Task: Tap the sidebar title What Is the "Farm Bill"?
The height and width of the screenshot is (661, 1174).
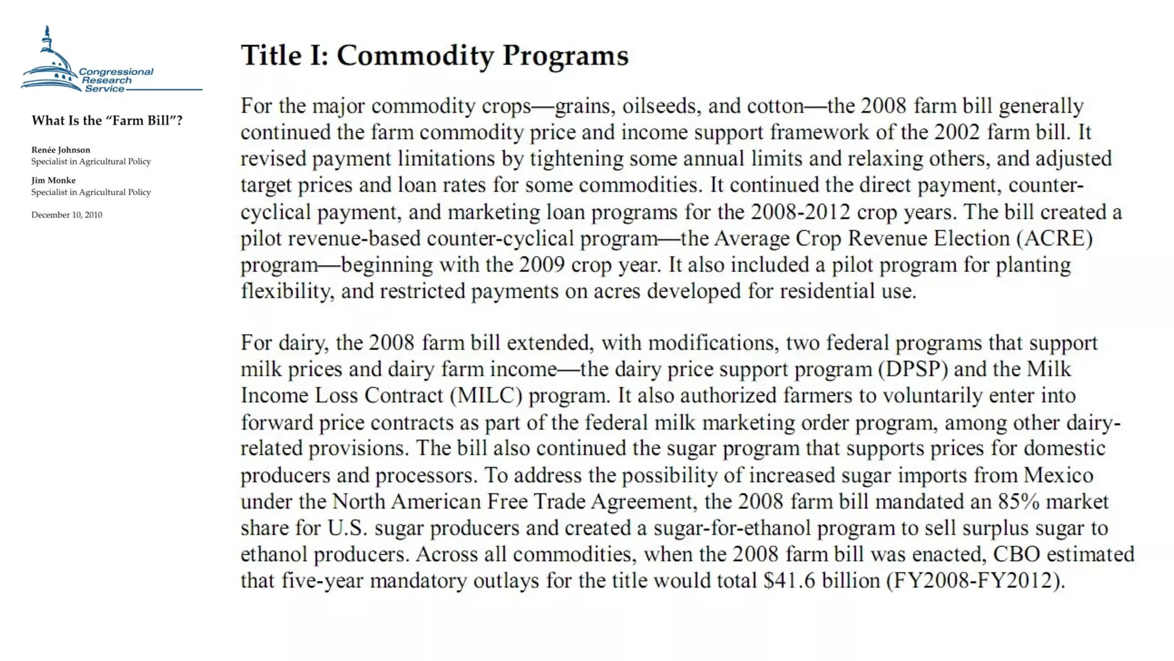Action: (107, 120)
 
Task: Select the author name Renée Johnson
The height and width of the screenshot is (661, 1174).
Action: (61, 150)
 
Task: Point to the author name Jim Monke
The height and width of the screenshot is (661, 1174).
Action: (53, 180)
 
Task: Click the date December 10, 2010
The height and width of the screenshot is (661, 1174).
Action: (66, 215)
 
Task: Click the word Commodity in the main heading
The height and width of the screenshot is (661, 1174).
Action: (415, 56)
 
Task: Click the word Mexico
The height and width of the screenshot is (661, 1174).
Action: (1058, 475)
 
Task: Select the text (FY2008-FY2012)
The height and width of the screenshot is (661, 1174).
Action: (975, 581)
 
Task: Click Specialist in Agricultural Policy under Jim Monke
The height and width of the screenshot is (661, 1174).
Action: (91, 192)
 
